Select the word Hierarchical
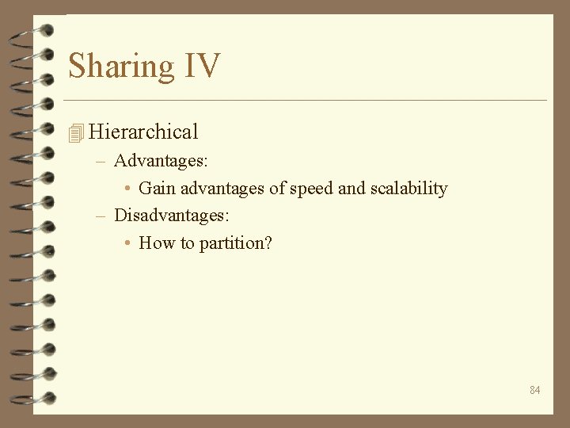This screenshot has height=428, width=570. [143, 132]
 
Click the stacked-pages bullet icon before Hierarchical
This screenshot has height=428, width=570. [76, 133]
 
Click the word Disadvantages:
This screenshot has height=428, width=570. [172, 215]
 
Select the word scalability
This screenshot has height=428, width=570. [408, 189]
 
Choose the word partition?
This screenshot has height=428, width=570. [235, 243]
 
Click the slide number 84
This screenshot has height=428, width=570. [535, 390]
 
